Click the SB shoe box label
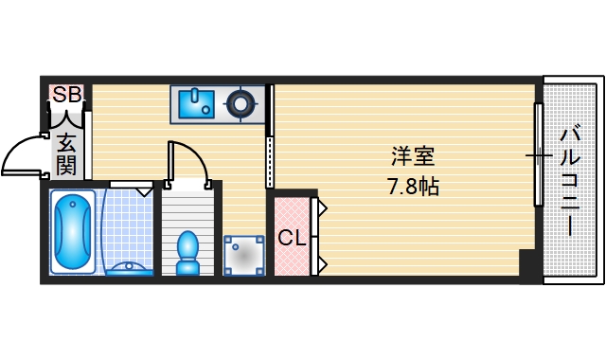66,95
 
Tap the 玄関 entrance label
66,155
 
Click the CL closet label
292,238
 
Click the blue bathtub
72,233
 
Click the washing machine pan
244,254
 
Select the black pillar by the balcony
527,262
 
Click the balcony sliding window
539,154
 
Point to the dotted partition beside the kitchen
271,161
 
